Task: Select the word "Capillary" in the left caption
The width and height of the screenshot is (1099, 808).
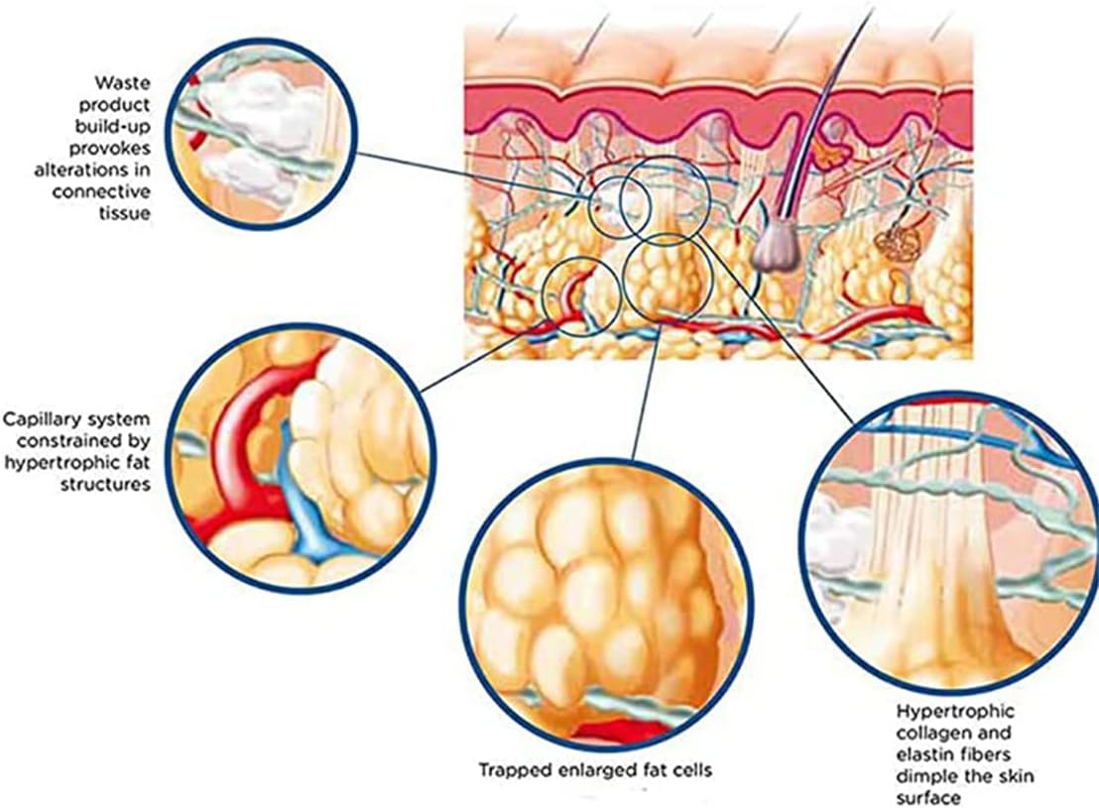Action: click(x=38, y=418)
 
